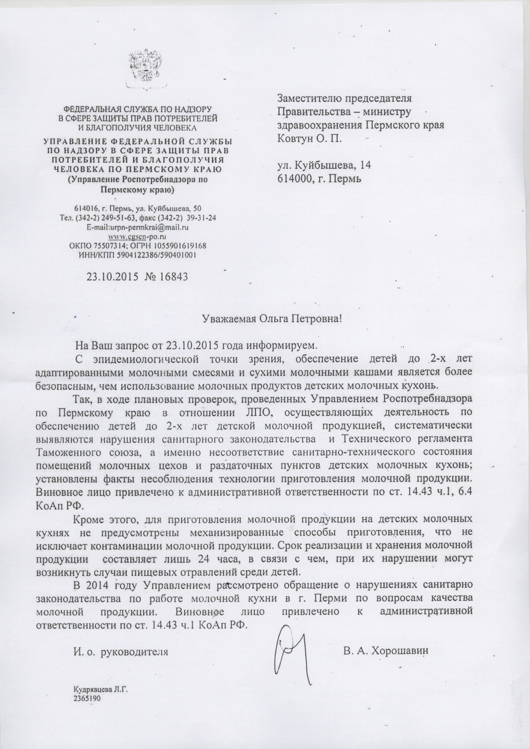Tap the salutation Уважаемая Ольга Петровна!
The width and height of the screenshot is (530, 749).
coord(272,319)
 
